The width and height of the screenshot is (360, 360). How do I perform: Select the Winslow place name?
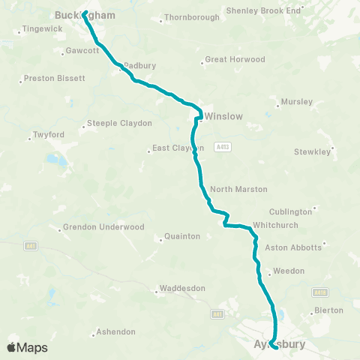225,116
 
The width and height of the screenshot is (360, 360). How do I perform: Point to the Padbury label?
140,65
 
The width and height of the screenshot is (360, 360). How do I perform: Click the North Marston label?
238,189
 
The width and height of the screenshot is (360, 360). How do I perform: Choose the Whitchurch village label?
276,225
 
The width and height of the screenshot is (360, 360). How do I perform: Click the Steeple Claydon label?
120,123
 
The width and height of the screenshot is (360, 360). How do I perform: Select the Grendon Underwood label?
103,226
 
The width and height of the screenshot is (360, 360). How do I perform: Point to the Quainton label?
183,236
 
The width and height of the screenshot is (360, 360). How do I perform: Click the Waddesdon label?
179,287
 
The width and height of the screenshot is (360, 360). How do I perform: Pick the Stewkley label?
312,151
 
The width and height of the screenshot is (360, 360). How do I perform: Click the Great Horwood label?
235,59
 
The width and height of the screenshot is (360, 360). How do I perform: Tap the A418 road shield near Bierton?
320,292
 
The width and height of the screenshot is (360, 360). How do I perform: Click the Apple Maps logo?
27,347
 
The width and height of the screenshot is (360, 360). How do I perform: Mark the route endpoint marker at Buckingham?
85,14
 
